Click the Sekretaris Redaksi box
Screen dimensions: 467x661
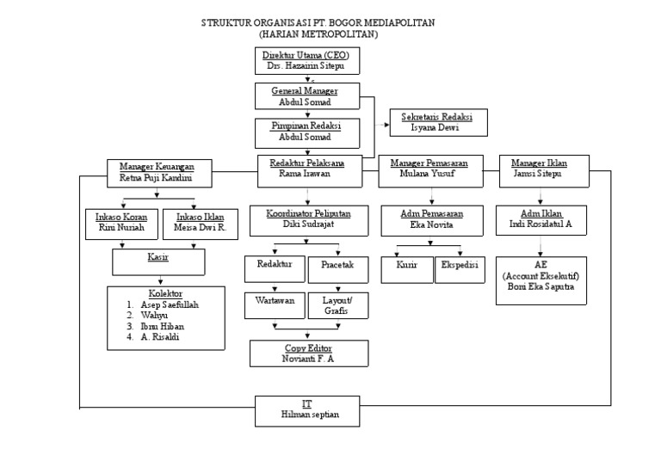coord(439,122)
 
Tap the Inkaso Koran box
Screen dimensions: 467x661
coord(120,223)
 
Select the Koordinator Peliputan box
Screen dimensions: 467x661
coord(310,219)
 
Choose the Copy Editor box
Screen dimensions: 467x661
coord(310,353)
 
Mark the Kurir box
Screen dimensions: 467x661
coord(407,267)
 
